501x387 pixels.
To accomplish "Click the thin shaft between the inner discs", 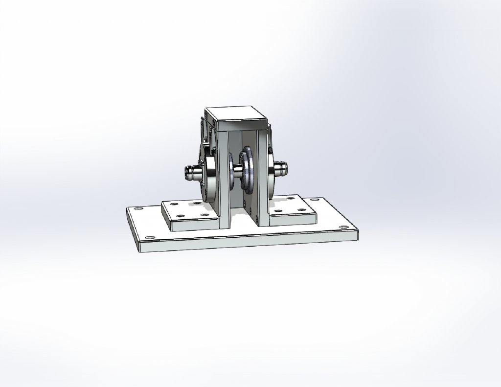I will (x=237, y=171).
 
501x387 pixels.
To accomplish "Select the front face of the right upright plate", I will (x=263, y=179).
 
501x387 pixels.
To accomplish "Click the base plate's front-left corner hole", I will (x=149, y=238).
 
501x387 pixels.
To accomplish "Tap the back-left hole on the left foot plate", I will (x=174, y=204).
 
